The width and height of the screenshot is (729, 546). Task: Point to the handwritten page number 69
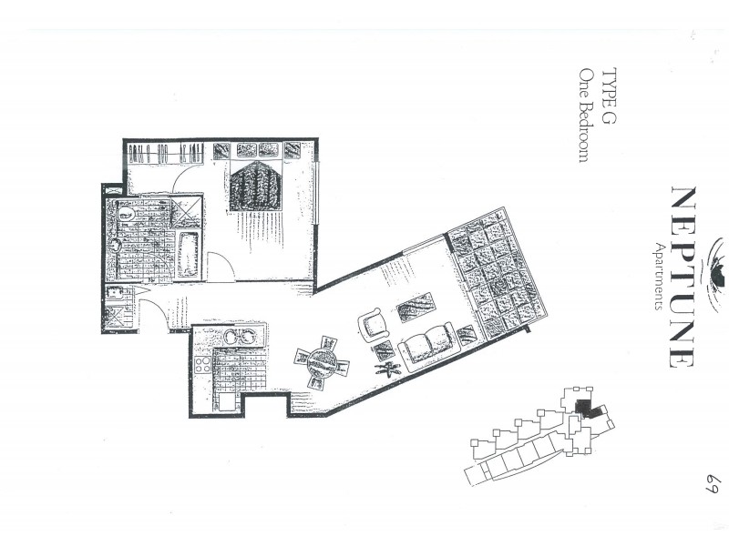click(x=711, y=480)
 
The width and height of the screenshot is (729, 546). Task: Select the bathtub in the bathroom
click(x=190, y=255)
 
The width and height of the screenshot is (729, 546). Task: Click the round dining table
click(x=322, y=361)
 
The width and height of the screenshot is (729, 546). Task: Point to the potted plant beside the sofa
click(x=392, y=369)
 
